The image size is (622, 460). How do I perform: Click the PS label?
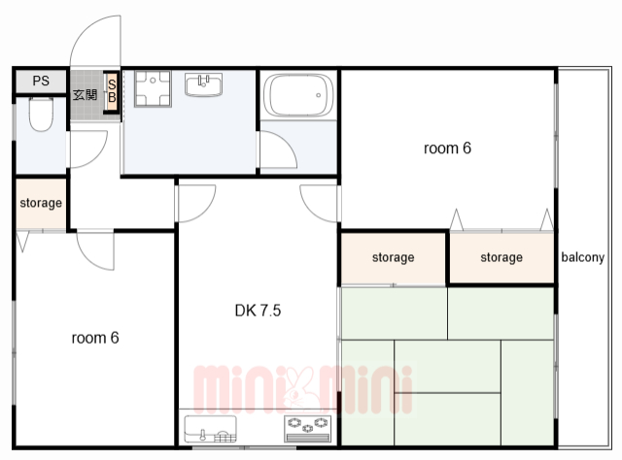41,81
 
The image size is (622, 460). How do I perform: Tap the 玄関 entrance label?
85,95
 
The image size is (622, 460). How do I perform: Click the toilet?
41,115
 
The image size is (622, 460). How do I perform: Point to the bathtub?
298,95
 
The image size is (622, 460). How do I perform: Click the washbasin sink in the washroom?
203,84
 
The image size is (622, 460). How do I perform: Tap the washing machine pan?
153,88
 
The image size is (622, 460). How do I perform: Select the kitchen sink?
211,429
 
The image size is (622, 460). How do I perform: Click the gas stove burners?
308,429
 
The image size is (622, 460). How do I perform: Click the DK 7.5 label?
258,311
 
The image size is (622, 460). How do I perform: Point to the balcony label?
583,257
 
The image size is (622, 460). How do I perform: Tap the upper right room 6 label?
447,148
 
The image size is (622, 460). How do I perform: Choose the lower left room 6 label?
95,338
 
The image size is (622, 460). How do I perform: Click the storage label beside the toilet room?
41,203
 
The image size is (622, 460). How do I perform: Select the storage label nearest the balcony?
501,257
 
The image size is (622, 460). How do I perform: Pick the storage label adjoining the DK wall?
393,257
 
